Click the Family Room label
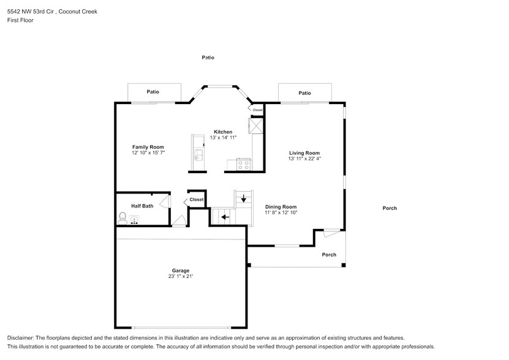(148, 147)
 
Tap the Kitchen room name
(223, 132)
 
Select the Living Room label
(304, 153)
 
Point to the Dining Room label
(281, 207)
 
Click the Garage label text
(180, 271)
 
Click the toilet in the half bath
(123, 217)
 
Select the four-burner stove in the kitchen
(243, 165)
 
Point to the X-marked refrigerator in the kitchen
(255, 126)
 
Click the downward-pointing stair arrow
(243, 198)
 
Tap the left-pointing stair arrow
(225, 217)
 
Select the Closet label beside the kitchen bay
(257, 110)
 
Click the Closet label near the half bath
(196, 200)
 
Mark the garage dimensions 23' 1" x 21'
(180, 277)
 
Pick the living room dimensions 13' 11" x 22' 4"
(304, 159)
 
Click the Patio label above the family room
(153, 92)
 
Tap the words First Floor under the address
(21, 20)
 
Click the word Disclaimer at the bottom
(21, 338)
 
